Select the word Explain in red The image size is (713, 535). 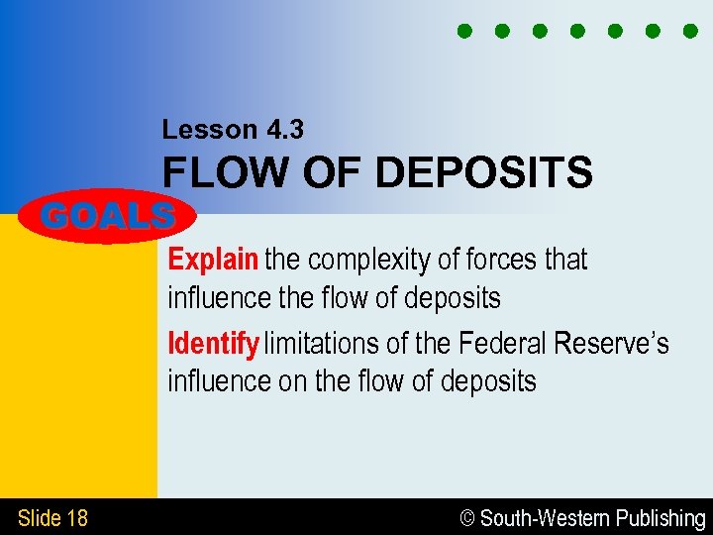pyautogui.click(x=213, y=260)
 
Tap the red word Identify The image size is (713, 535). pyautogui.click(x=213, y=344)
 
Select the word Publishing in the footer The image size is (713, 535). pyautogui.click(x=661, y=518)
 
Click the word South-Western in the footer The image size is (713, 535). pyautogui.click(x=545, y=518)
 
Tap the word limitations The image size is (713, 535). pyautogui.click(x=323, y=344)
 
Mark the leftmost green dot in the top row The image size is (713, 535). pyautogui.click(x=464, y=31)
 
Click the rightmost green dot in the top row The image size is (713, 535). pyautogui.click(x=690, y=31)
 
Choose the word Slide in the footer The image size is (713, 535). pyautogui.click(x=39, y=517)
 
